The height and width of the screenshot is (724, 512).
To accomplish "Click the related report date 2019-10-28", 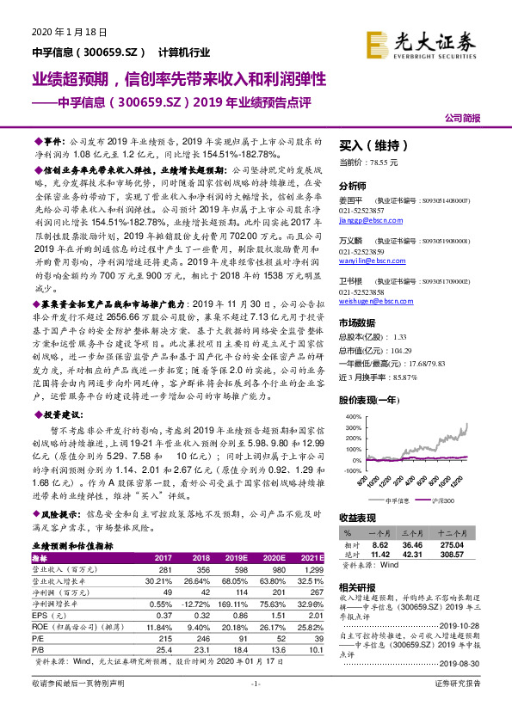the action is (468, 624).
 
